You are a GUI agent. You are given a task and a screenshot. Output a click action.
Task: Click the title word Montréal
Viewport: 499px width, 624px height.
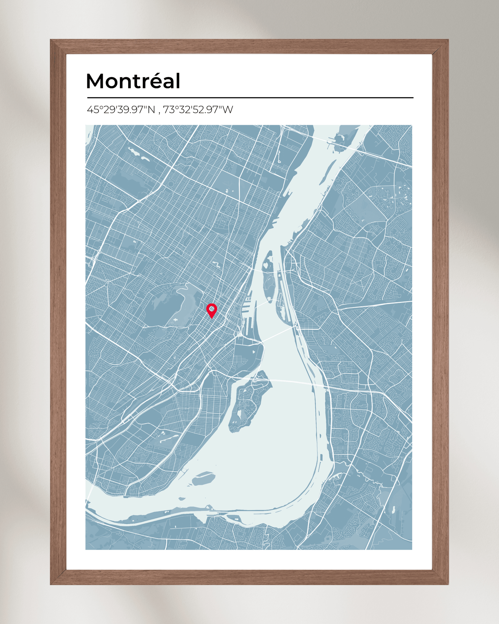coord(133,81)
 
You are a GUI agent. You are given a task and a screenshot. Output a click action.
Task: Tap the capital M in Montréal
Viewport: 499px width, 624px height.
coord(96,81)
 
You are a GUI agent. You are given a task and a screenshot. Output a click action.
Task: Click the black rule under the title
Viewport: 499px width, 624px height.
coord(250,98)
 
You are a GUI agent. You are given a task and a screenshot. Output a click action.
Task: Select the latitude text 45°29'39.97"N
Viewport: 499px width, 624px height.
coord(121,110)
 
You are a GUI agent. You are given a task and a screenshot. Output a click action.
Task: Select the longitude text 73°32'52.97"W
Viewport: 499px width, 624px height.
coord(198,110)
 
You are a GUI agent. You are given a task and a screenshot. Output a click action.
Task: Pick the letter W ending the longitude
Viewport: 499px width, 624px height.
coord(228,110)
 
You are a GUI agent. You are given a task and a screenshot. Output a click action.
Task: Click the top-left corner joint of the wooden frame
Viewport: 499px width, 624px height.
coord(58,47)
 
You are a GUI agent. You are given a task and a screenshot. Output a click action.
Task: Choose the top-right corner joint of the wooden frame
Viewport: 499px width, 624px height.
coord(441,47)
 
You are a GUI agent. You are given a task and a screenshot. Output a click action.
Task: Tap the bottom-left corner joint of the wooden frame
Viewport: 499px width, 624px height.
coord(58,577)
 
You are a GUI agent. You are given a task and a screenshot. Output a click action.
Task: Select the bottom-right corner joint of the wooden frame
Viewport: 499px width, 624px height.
coord(441,577)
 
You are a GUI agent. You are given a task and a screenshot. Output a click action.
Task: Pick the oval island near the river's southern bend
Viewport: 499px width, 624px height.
coord(204,479)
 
